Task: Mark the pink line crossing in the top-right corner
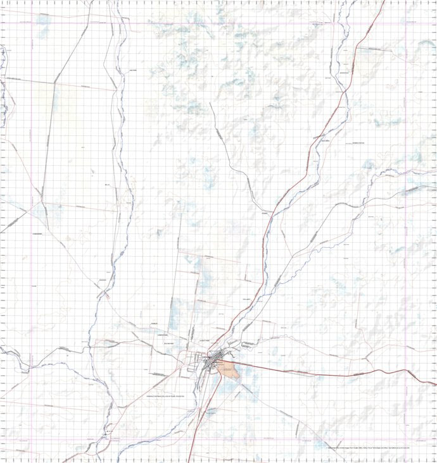[x=406, y=23]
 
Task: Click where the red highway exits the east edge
[x=436, y=383]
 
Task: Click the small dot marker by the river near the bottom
[x=108, y=431]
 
